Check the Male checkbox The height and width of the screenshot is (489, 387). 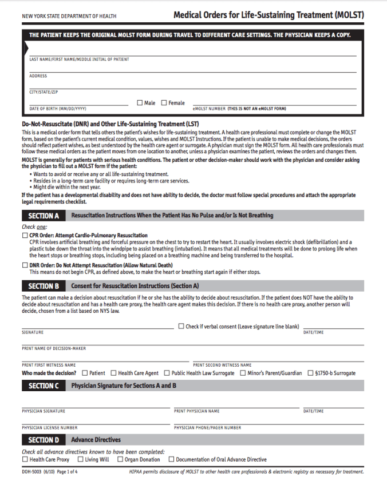click(x=140, y=103)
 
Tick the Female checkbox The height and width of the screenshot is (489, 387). click(x=164, y=103)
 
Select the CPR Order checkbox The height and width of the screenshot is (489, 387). click(x=25, y=236)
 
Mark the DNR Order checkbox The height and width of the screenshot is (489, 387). click(x=25, y=265)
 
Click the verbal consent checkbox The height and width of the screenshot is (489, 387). click(x=181, y=327)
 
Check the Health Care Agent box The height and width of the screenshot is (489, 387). click(x=113, y=373)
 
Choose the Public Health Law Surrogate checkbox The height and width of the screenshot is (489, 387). click(x=167, y=373)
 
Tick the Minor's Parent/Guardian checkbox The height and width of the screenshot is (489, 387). click(x=243, y=373)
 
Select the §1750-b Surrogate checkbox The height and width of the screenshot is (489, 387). click(x=310, y=373)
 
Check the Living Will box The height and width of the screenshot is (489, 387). click(x=80, y=459)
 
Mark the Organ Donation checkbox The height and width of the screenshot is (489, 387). click(x=120, y=459)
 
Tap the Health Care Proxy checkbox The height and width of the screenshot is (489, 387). click(x=25, y=459)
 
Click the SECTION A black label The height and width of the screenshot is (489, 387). click(x=44, y=216)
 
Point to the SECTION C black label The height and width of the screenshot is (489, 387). click(x=44, y=386)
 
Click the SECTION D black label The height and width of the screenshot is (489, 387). click(x=44, y=440)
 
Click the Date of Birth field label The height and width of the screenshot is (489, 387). click(x=57, y=109)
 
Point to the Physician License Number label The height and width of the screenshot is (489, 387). click(x=50, y=427)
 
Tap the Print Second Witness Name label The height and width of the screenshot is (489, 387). click(x=222, y=365)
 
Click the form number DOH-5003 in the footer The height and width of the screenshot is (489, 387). click(x=32, y=472)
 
